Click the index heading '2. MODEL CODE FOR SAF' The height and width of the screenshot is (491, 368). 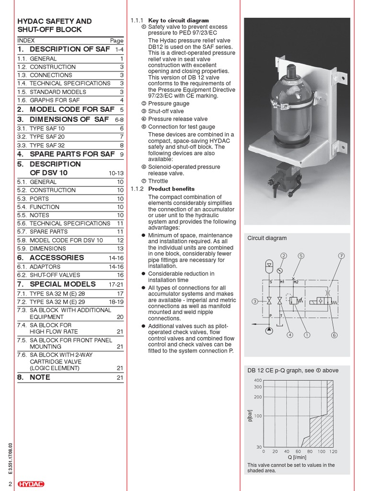tap(66, 109)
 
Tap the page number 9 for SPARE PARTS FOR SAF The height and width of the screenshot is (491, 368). tap(122, 154)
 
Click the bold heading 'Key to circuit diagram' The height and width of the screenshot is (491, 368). tap(178, 21)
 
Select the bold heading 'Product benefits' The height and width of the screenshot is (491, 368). tap(171, 189)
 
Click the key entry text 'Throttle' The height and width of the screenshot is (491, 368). tap(158, 181)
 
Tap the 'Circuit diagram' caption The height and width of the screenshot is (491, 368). tap(267, 238)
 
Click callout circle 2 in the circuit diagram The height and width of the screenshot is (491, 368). tap(283, 256)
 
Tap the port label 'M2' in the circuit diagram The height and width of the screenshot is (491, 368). tap(296, 281)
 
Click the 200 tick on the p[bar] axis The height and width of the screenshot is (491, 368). tap(258, 397)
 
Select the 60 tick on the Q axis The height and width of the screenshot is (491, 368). tap(298, 451)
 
